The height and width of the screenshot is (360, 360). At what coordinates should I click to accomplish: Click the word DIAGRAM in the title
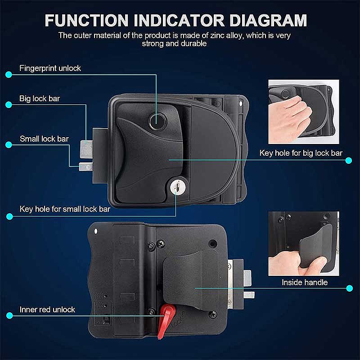pyautogui.click(x=268, y=20)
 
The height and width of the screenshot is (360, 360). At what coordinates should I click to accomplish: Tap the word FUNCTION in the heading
pyautogui.click(x=86, y=20)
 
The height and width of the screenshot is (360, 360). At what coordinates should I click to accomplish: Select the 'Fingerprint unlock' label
pyautogui.click(x=50, y=68)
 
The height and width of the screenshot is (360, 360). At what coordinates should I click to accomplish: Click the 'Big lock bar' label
pyautogui.click(x=40, y=99)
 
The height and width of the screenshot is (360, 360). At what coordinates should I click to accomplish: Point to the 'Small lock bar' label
pyautogui.click(x=44, y=139)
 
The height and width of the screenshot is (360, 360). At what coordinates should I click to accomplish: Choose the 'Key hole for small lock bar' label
pyautogui.click(x=65, y=209)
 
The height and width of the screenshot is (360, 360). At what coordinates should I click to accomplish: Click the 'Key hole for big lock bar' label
pyautogui.click(x=301, y=153)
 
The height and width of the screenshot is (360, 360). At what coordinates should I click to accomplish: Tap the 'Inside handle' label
pyautogui.click(x=305, y=282)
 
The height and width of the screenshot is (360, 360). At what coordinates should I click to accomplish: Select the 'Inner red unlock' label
pyautogui.click(x=47, y=310)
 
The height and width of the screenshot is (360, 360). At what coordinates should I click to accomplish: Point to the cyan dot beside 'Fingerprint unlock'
pyautogui.click(x=9, y=74)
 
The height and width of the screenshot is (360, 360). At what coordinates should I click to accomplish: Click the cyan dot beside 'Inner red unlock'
pyautogui.click(x=9, y=315)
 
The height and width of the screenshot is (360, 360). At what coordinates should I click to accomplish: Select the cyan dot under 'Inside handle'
pyautogui.click(x=350, y=288)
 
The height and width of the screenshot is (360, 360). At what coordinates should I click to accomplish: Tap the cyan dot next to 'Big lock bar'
pyautogui.click(x=9, y=105)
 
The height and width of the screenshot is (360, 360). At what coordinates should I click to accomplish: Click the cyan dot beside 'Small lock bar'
pyautogui.click(x=9, y=144)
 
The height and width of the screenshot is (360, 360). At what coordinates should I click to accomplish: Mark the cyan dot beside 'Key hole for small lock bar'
pyautogui.click(x=9, y=216)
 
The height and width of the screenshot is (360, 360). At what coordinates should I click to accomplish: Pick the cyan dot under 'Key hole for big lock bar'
pyautogui.click(x=349, y=160)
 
